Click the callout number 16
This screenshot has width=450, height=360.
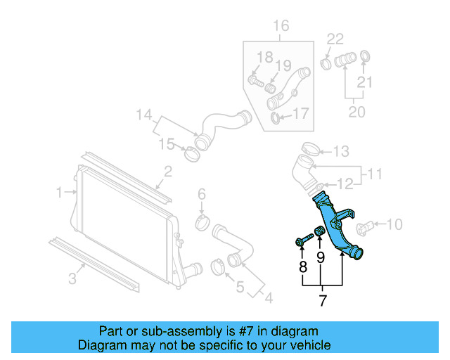(x=281, y=26)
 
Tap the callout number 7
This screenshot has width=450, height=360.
(x=323, y=300)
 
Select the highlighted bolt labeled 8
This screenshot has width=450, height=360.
(x=304, y=240)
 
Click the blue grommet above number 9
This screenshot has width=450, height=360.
(x=319, y=231)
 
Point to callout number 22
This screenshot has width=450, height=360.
(x=335, y=39)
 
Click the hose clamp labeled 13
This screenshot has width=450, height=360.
(x=311, y=148)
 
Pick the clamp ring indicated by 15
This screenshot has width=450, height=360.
(x=192, y=154)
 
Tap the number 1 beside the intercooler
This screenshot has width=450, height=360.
(x=59, y=192)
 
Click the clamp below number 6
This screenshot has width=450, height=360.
(x=202, y=223)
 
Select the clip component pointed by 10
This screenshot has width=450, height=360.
(x=364, y=228)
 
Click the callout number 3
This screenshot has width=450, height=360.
(x=72, y=278)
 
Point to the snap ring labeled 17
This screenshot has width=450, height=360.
(x=275, y=118)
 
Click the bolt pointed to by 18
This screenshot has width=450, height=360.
(x=255, y=81)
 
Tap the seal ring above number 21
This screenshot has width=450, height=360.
(x=365, y=56)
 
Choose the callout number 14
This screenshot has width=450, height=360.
(x=143, y=115)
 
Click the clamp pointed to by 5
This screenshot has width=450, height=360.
(x=217, y=267)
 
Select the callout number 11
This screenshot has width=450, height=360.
(x=375, y=174)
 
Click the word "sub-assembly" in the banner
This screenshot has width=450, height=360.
(x=181, y=331)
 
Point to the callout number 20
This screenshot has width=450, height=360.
(x=356, y=112)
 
